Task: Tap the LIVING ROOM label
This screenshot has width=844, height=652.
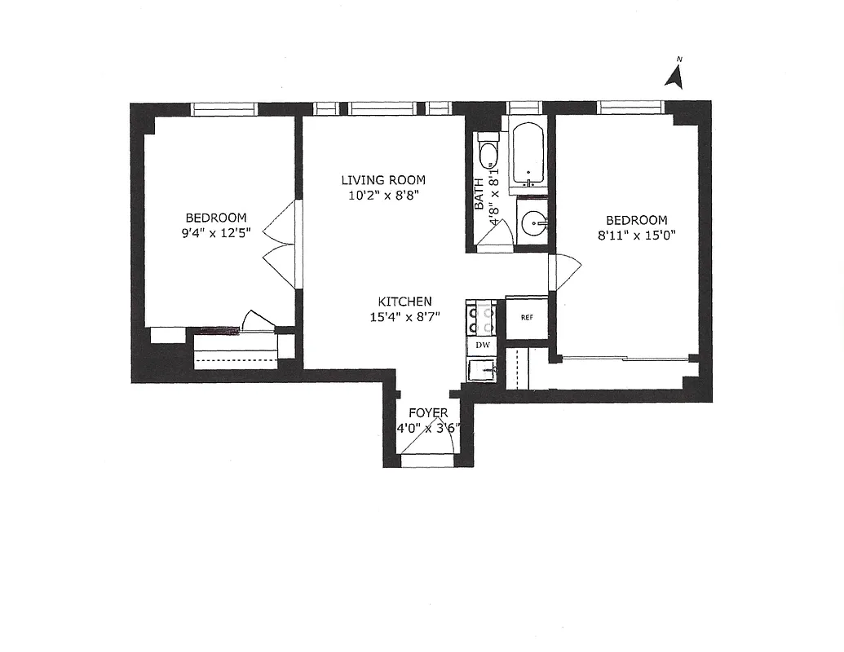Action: coord(383,180)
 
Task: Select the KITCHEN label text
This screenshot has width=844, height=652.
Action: coord(405,302)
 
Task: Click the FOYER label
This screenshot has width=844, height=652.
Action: coord(428,413)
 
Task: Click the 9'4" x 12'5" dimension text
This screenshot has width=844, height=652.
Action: coord(217,232)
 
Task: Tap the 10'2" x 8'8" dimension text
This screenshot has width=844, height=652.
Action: coord(383,195)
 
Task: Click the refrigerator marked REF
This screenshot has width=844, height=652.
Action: coord(526,317)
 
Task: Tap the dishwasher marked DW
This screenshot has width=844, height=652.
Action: coord(483,346)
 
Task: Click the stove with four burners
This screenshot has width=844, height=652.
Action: coord(482,318)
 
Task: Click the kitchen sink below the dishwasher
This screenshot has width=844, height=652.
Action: coord(483,370)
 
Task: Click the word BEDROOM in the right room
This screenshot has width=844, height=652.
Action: coord(636,220)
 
